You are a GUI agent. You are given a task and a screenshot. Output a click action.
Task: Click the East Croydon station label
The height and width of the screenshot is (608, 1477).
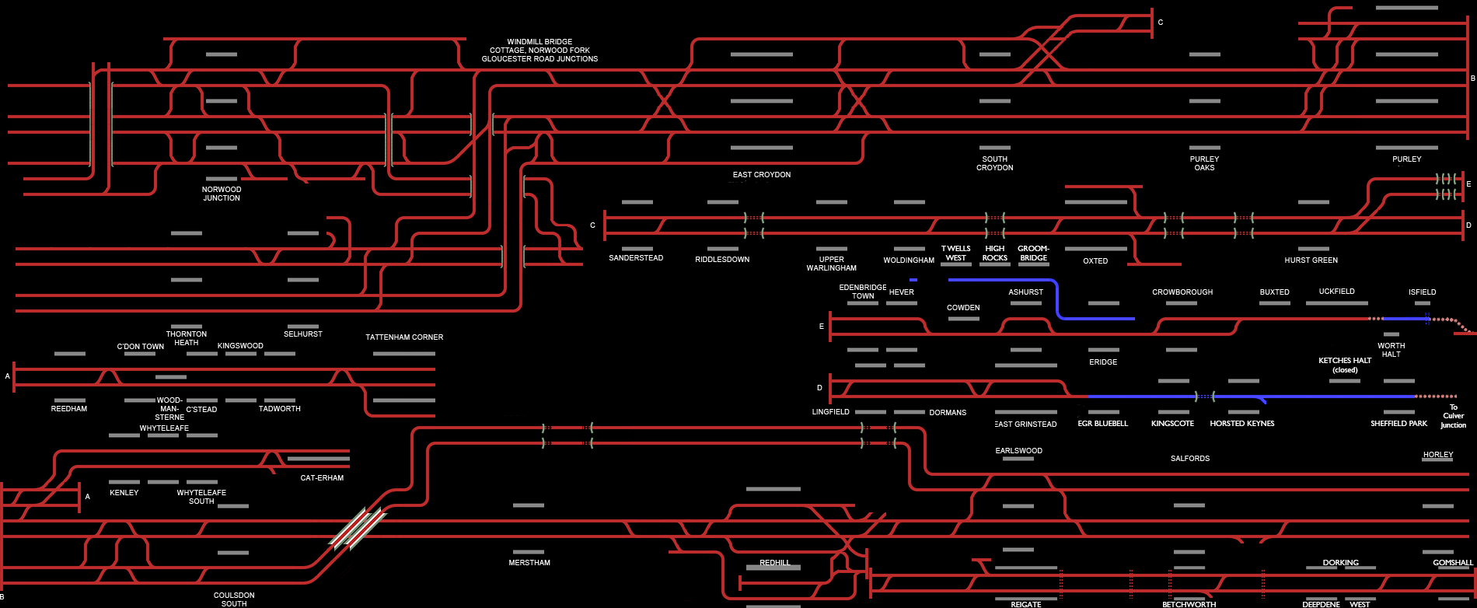(x=761, y=175)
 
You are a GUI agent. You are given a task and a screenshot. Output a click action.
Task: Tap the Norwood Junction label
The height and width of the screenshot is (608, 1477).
(x=222, y=194)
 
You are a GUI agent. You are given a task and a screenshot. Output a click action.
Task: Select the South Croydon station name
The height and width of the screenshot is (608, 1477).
(x=994, y=163)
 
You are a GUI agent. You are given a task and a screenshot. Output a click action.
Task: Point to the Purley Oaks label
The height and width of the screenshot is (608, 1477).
(x=1204, y=163)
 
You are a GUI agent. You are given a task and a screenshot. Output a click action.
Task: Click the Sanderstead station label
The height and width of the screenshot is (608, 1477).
(x=636, y=258)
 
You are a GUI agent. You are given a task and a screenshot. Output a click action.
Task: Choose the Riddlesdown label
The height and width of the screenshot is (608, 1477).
(x=722, y=260)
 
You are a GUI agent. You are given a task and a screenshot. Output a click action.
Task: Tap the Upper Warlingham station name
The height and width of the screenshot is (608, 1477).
(x=831, y=264)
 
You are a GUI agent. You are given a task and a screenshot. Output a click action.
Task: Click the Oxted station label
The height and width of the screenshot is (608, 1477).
(x=1095, y=261)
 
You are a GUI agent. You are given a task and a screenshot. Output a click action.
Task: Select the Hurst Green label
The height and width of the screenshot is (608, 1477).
(x=1311, y=260)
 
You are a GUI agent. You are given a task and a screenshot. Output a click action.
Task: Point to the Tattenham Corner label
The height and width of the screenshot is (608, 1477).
(x=404, y=337)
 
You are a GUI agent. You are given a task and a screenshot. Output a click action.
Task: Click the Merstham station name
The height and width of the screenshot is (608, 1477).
(x=529, y=563)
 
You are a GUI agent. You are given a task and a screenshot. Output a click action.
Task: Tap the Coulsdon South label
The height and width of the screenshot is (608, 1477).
(x=234, y=599)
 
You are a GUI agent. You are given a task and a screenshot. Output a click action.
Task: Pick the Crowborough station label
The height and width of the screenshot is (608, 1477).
(x=1182, y=292)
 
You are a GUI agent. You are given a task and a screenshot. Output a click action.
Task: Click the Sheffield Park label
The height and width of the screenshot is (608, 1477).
(x=1398, y=424)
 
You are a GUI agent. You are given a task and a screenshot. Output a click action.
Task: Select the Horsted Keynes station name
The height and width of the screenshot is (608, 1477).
(x=1241, y=424)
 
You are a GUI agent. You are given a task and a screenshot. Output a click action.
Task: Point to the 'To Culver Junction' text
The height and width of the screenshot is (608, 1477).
(x=1453, y=416)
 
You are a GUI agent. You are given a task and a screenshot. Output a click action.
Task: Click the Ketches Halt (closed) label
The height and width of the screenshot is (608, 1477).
(x=1345, y=365)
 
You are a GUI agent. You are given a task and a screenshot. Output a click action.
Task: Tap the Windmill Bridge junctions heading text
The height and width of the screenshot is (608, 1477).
(x=539, y=51)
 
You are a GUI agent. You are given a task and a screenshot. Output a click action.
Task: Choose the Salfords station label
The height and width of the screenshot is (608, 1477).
(x=1190, y=459)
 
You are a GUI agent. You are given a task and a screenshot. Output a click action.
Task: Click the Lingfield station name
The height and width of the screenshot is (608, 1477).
(x=830, y=412)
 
